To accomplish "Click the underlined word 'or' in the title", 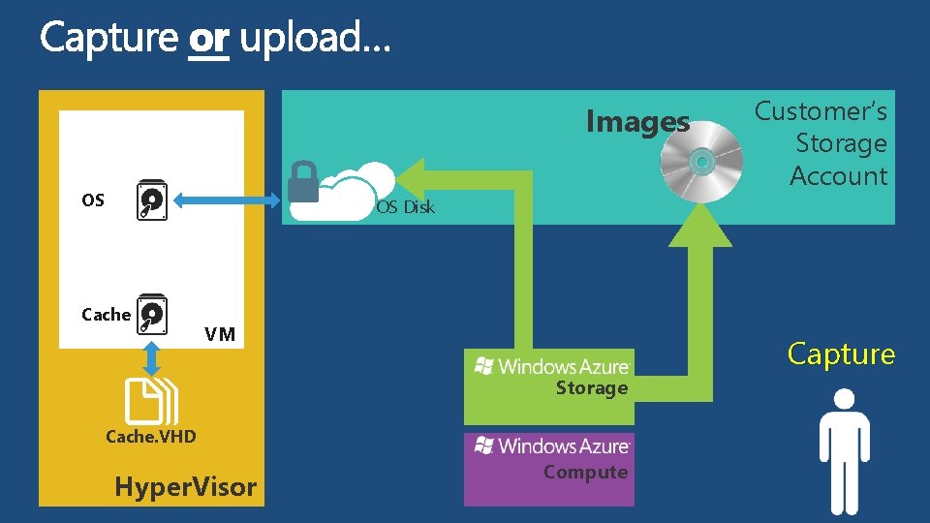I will [209, 39].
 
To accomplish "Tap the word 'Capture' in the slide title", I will [108, 39].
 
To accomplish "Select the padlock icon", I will [303, 183].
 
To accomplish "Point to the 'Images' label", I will [637, 123].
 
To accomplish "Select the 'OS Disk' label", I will [405, 206].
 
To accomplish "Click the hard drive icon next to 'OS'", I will [151, 200].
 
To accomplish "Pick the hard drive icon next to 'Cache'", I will [151, 313].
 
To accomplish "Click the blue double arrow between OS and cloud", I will [225, 200].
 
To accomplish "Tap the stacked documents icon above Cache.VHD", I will [153, 400].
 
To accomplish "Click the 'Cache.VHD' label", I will [150, 436].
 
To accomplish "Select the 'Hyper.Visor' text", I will [185, 486].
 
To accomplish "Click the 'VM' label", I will [220, 334].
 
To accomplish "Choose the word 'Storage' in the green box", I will [591, 388].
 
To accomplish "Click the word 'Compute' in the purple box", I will [585, 472].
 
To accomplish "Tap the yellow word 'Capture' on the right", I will [841, 354].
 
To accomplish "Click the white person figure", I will [844, 450].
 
